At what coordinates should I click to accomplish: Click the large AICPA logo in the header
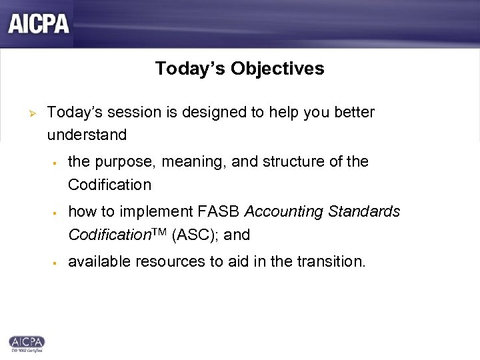coord(39,23)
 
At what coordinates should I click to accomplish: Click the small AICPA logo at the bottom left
coord(27,341)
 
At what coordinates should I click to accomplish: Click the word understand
coord(87,135)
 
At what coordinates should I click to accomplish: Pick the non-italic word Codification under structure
coord(109,185)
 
